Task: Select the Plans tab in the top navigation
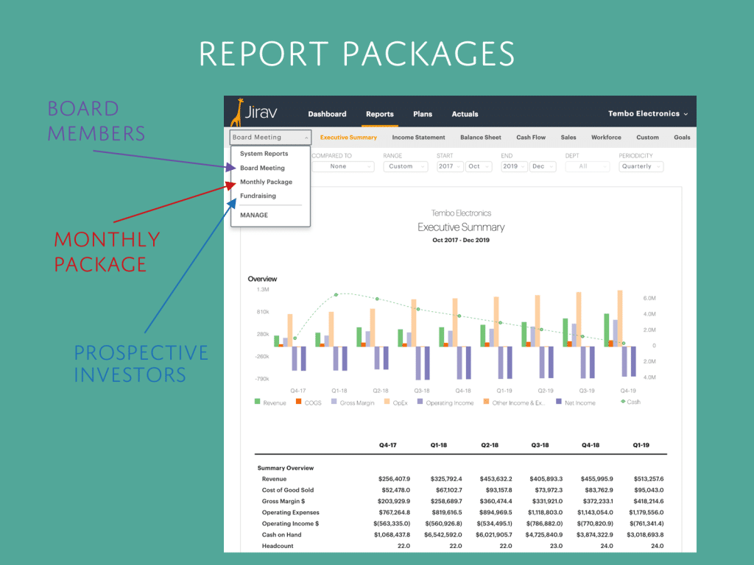point(423,114)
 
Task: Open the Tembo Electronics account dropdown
point(647,114)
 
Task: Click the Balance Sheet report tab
point(480,138)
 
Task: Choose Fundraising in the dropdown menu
point(258,196)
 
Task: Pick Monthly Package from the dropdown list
point(266,182)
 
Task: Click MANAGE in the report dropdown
point(254,216)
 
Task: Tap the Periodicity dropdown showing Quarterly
point(640,166)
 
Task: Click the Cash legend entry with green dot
point(630,402)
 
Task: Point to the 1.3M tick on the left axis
point(262,290)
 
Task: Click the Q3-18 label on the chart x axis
point(421,391)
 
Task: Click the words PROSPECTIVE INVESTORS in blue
point(141,363)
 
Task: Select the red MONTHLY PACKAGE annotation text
point(106,252)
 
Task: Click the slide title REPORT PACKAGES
point(356,54)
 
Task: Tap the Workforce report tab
point(606,138)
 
